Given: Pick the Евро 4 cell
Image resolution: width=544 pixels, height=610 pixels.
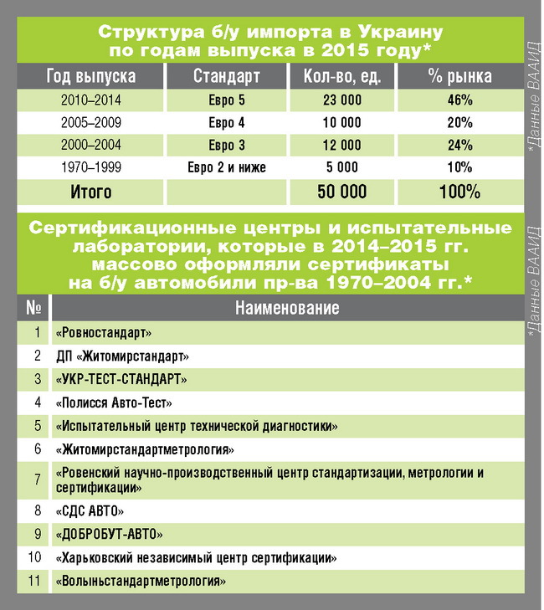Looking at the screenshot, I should (x=226, y=122).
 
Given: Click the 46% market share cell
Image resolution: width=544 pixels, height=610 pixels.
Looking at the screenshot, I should (x=459, y=100).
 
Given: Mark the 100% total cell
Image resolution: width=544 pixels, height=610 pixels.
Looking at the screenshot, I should (x=459, y=192).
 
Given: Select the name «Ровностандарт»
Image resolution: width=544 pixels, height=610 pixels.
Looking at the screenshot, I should (x=103, y=333).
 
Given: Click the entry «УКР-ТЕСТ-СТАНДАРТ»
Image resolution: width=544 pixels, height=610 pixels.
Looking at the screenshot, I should (x=121, y=379).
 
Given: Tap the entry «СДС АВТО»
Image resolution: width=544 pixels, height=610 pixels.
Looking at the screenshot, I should (x=90, y=510).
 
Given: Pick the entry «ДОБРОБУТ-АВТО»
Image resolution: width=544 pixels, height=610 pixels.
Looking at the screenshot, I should (x=109, y=533).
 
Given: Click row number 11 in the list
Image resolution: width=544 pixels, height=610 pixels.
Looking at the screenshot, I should (x=34, y=580).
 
